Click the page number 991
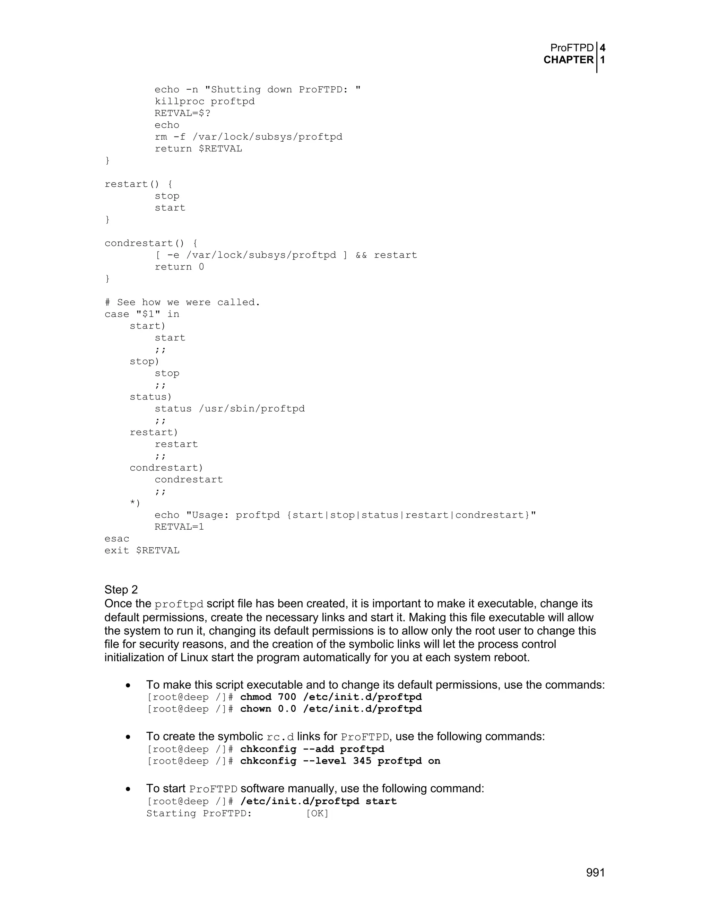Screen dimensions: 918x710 595,873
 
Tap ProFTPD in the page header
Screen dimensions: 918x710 572,48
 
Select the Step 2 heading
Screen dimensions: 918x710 121,589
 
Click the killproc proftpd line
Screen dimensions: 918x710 205,101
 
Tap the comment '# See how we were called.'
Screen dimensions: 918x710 182,302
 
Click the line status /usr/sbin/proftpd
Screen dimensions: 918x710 230,408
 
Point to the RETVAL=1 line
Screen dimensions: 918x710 179,527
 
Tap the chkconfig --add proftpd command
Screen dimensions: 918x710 312,749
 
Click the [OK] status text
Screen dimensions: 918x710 317,813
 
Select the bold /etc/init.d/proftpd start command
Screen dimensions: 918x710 318,801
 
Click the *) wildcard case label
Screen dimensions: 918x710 135,503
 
